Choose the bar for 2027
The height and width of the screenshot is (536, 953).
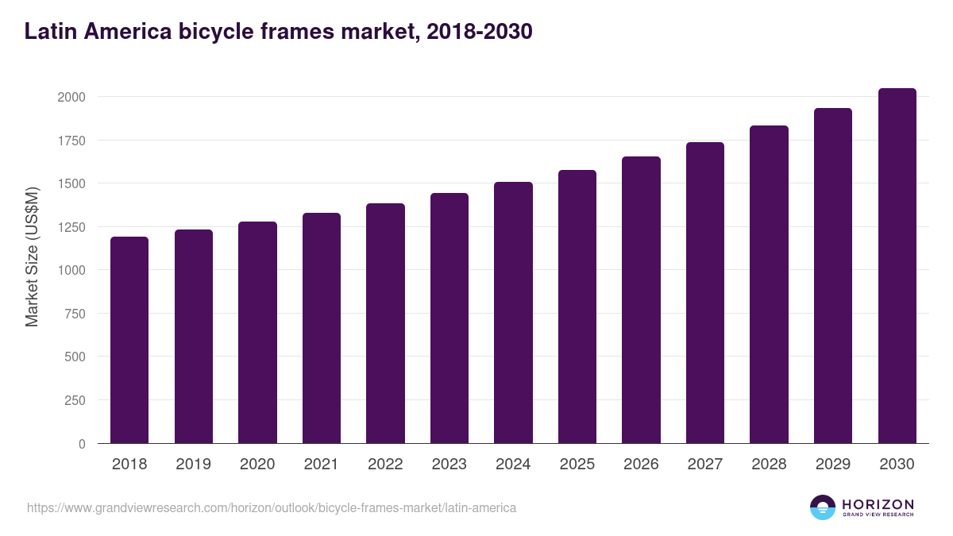click(x=705, y=293)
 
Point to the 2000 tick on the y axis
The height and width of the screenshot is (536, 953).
click(x=71, y=97)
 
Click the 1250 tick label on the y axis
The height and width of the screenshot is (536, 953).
click(x=71, y=227)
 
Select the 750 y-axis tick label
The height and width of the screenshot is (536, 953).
click(x=75, y=314)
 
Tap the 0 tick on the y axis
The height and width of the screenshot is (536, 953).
click(x=82, y=444)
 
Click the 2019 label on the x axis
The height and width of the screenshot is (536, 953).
click(x=193, y=465)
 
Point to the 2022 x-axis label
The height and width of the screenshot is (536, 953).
click(x=385, y=465)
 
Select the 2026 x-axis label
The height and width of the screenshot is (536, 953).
click(x=641, y=465)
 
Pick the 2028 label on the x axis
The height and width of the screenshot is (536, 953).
click(x=769, y=465)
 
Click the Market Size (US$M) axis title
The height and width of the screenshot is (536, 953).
click(x=32, y=256)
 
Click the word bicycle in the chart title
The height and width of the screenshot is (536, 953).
click(x=216, y=32)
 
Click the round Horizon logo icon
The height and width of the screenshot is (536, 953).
click(x=822, y=507)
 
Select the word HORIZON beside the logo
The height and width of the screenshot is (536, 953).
click(x=878, y=504)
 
